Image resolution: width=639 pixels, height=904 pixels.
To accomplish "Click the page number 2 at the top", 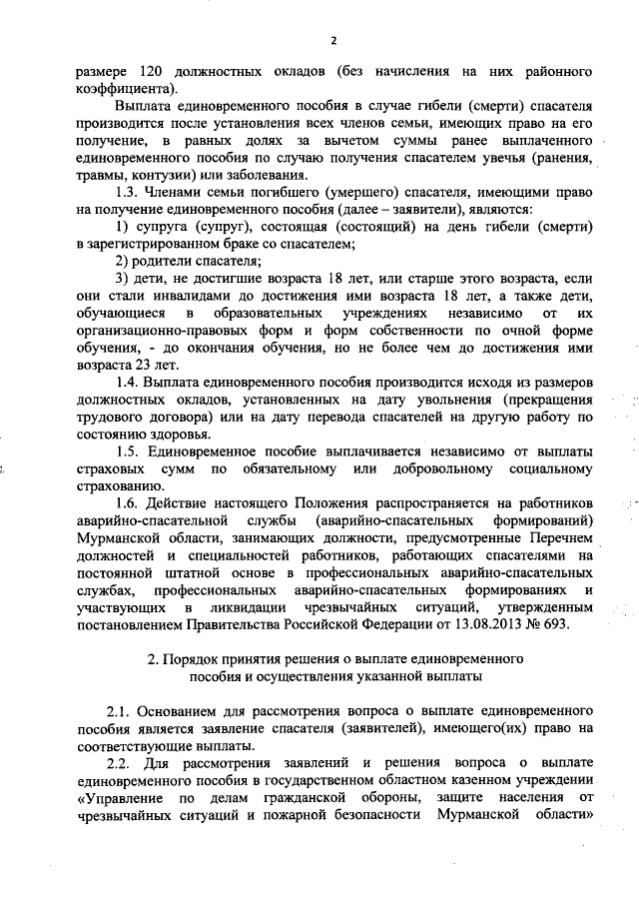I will (x=334, y=39).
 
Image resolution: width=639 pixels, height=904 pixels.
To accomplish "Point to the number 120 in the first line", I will (x=136, y=73).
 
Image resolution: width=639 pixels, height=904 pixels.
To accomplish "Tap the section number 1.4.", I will (x=129, y=382).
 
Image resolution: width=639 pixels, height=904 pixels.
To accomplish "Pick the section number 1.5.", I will (x=128, y=451).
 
